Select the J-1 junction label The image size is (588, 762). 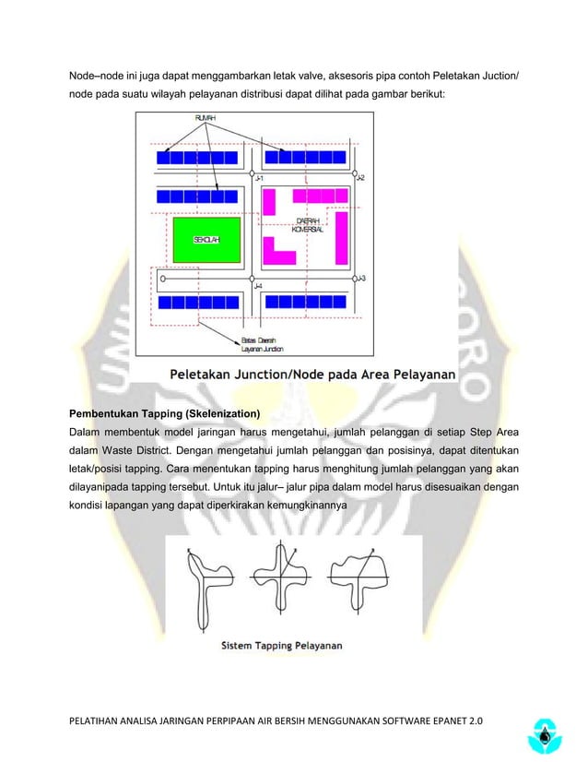pyautogui.click(x=260, y=177)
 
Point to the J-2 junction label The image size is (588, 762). pyautogui.click(x=360, y=177)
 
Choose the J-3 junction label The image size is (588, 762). pyautogui.click(x=361, y=278)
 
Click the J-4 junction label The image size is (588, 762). pyautogui.click(x=259, y=287)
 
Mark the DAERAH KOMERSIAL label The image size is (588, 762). pyautogui.click(x=307, y=225)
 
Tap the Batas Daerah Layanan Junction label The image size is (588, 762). pyautogui.click(x=263, y=344)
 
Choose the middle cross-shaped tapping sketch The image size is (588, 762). pyautogui.click(x=280, y=583)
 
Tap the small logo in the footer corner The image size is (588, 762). pyautogui.click(x=547, y=733)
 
